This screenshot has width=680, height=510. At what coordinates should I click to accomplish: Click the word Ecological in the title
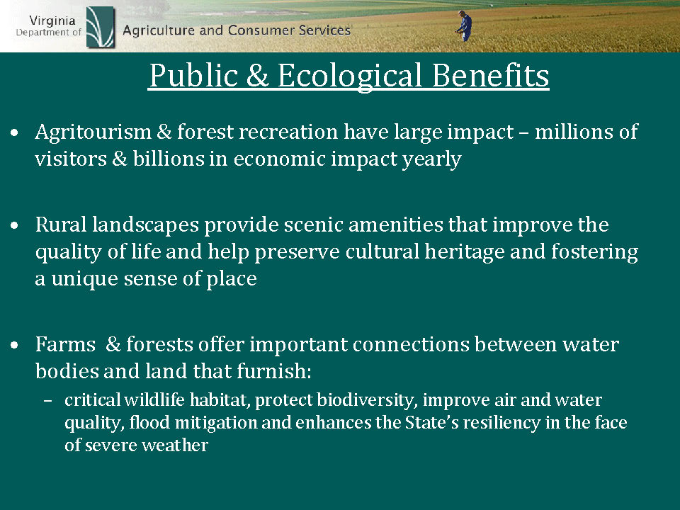[x=349, y=76]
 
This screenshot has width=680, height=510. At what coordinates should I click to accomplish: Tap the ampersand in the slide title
[x=258, y=76]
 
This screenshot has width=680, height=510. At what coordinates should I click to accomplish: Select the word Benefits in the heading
[x=490, y=76]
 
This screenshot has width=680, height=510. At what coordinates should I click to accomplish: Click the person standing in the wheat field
[x=465, y=26]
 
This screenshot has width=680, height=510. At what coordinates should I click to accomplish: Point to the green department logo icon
[x=101, y=27]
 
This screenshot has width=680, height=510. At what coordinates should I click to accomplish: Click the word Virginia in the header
[x=52, y=21]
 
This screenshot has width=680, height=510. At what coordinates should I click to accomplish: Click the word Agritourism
[x=93, y=132]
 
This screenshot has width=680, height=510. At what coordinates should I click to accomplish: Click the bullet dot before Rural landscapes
[x=15, y=225]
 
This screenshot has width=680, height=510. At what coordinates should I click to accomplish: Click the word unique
[x=84, y=279]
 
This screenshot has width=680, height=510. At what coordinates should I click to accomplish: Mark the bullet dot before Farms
[x=15, y=345]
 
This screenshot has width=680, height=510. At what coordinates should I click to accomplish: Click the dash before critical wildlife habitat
[x=47, y=400]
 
